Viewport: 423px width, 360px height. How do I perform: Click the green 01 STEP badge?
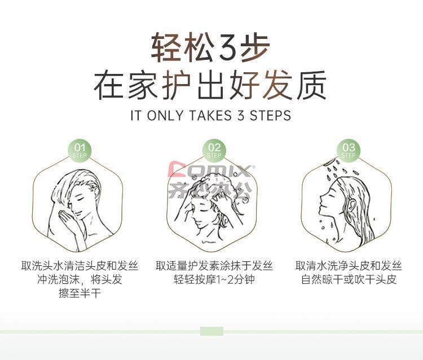(x=80, y=151)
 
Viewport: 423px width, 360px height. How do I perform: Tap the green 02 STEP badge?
(x=214, y=151)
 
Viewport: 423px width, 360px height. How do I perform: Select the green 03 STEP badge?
(x=349, y=151)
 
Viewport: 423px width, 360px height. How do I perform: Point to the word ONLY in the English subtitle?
(x=165, y=116)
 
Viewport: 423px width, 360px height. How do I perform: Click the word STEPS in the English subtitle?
(x=270, y=116)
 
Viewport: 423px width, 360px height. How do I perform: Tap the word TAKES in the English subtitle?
(x=210, y=116)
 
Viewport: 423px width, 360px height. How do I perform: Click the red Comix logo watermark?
(x=211, y=169)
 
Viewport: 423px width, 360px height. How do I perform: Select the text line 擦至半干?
(x=80, y=293)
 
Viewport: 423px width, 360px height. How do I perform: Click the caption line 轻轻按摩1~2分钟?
(x=214, y=279)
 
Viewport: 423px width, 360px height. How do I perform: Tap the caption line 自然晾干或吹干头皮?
(x=349, y=279)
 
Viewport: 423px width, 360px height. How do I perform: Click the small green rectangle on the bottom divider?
(x=211, y=331)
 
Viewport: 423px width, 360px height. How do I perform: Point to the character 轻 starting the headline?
(x=166, y=47)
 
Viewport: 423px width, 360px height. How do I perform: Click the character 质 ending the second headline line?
(x=311, y=85)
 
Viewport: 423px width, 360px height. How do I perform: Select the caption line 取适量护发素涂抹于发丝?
(x=214, y=266)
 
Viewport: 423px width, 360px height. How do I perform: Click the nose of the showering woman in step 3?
(x=321, y=199)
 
